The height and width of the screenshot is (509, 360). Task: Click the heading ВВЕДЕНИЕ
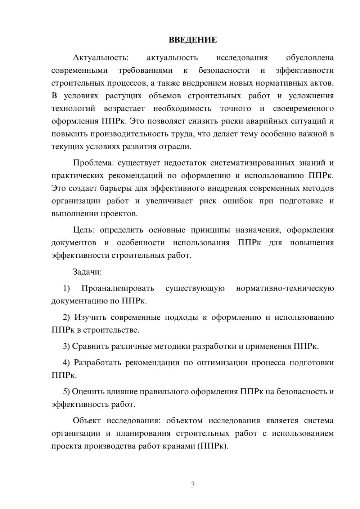click(193, 40)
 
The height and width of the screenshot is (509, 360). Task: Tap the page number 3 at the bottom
click(193, 485)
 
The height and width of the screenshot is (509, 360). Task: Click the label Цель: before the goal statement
click(84, 230)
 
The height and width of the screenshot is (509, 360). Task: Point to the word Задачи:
click(87, 272)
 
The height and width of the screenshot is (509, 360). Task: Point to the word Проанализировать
click(118, 288)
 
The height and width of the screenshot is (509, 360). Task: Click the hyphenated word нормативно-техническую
click(285, 288)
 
